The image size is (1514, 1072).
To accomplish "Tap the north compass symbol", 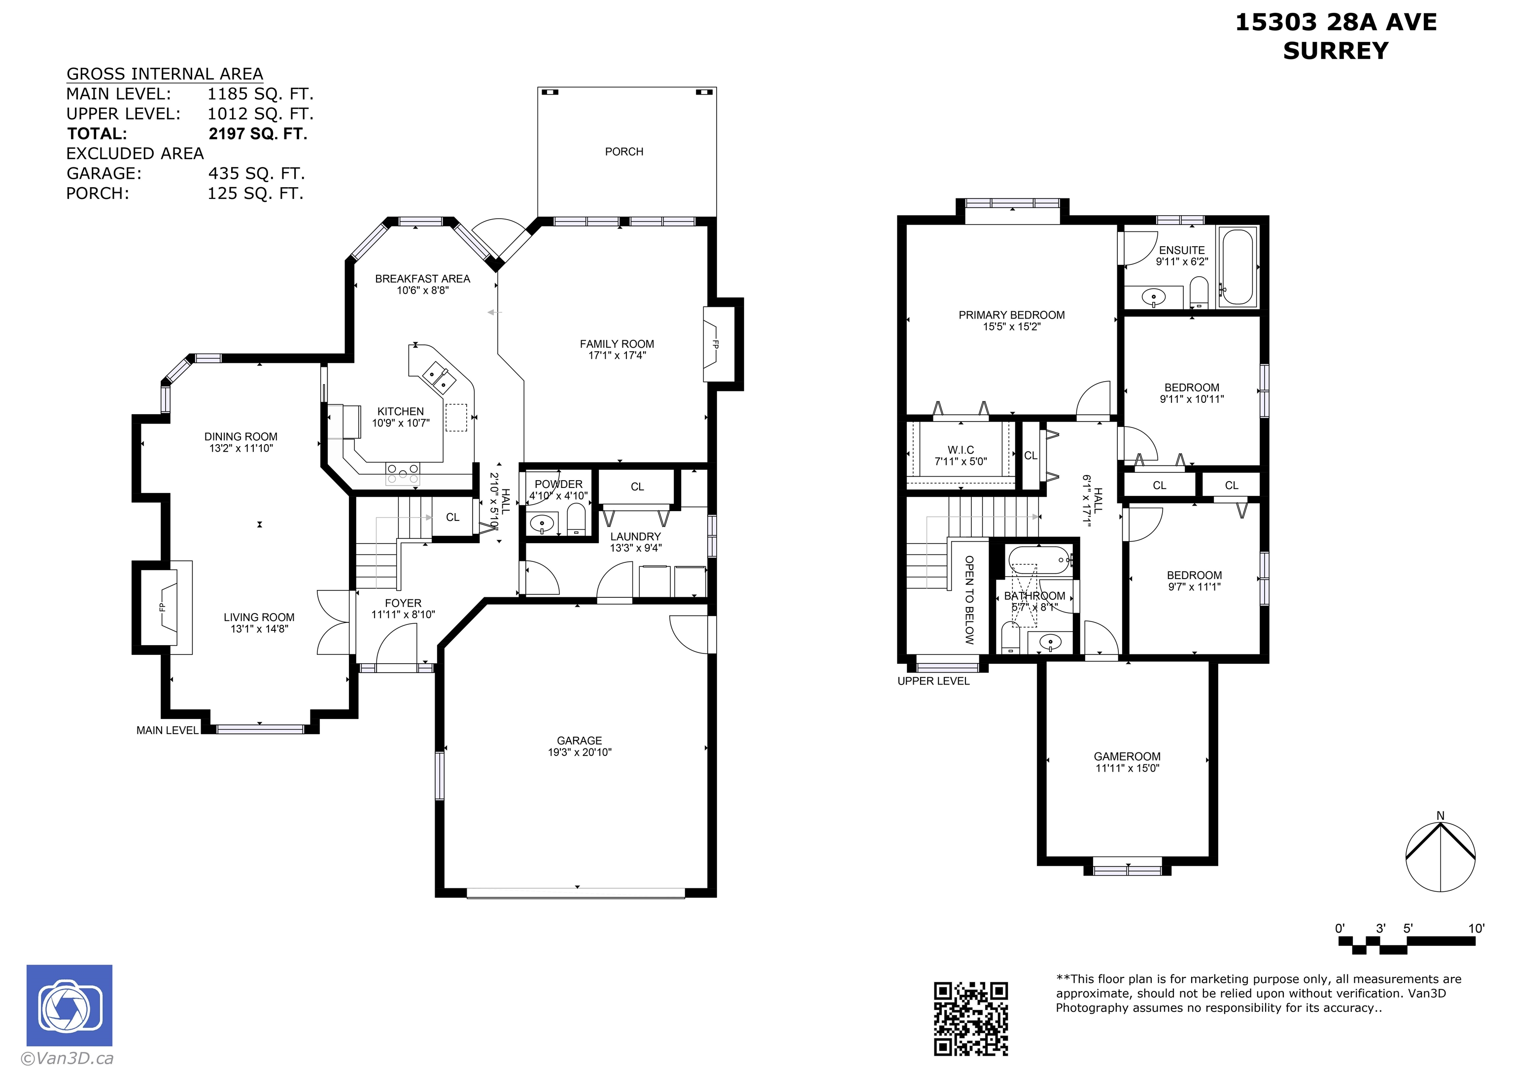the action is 1440,855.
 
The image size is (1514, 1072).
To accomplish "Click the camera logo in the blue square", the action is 69,1006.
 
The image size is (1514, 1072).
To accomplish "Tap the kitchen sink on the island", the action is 439,376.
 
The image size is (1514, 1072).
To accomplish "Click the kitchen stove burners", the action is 402,473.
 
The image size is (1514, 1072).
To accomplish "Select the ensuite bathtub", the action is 1239,267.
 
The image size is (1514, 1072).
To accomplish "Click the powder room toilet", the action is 577,520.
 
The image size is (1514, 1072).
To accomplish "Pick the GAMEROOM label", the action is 1127,756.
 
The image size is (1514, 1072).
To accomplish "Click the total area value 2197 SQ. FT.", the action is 258,134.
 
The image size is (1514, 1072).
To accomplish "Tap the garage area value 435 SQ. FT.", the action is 256,174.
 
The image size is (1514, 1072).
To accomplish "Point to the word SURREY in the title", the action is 1336,51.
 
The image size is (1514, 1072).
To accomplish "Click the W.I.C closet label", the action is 961,450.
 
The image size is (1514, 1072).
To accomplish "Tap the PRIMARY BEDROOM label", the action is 1011,315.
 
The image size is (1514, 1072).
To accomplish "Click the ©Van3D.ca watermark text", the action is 67,1058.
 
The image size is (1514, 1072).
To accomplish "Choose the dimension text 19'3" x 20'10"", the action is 579,752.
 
